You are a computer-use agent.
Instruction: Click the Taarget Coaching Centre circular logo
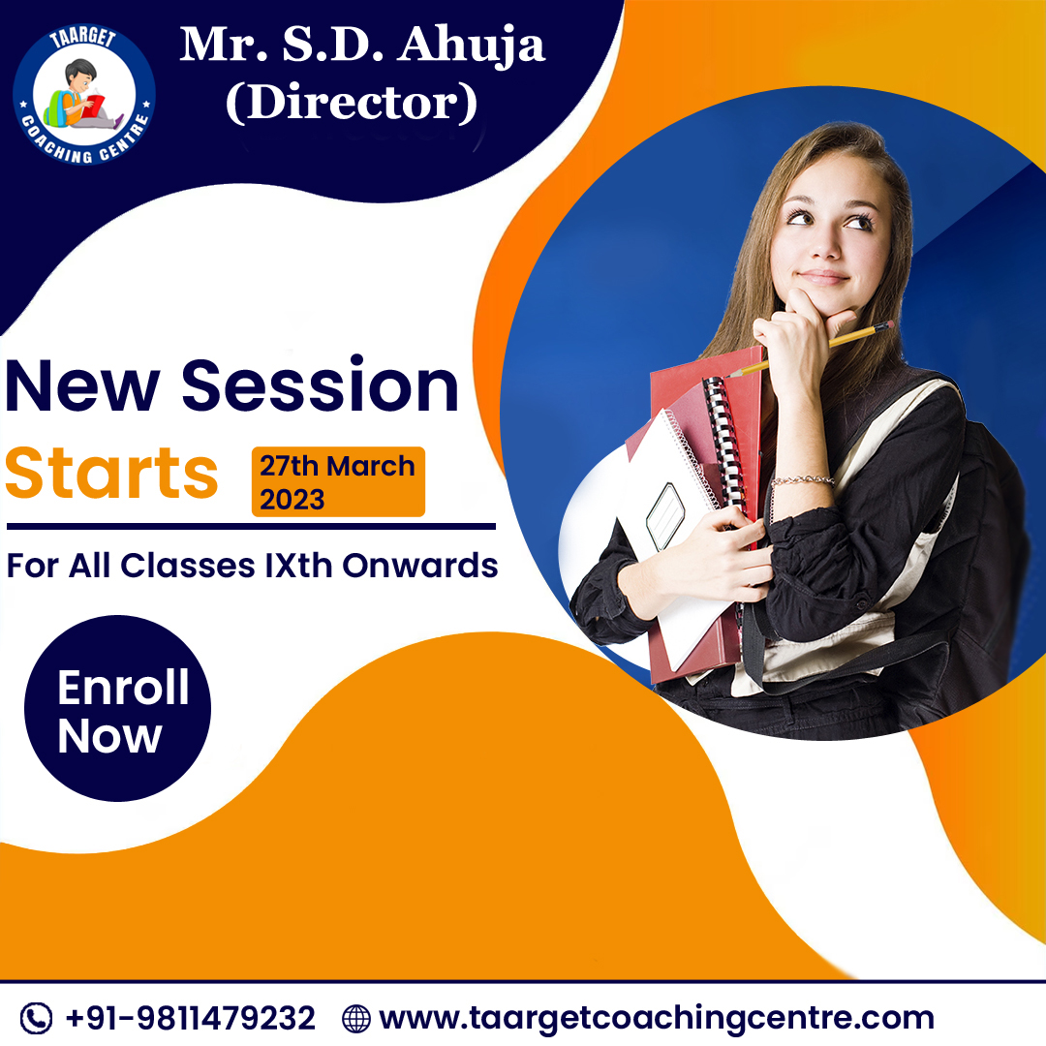84,94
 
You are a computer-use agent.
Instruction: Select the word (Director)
352,103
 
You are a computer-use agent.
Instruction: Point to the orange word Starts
111,473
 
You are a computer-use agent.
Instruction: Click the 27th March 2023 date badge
338,481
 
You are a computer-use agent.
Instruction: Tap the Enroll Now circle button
117,708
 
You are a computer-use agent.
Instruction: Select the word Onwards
420,566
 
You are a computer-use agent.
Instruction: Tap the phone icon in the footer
36,1018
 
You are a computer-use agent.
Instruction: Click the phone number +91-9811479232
190,1018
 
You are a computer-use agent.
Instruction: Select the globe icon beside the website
356,1019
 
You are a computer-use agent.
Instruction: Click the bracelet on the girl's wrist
803,479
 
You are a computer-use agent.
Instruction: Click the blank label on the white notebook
665,516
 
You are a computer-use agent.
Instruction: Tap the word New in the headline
82,386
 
